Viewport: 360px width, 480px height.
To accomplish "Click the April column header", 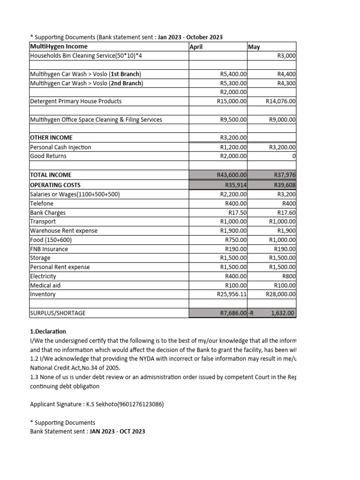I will pos(198,47).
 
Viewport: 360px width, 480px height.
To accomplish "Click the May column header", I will pos(254,47).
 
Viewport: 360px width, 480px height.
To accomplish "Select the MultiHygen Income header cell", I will pos(59,46).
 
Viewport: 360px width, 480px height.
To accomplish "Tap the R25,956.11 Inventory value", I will pos(232,294).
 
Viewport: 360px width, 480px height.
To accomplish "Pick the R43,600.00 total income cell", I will pos(232,175).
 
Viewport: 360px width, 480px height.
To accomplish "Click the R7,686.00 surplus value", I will pos(233,313).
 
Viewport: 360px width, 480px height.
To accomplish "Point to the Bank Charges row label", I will pos(48,212).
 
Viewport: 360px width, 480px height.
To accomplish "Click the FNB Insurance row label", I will pos(49,249).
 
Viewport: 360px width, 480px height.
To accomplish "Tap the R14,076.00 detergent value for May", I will pos(280,101).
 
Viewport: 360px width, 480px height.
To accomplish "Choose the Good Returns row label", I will pos(48,156).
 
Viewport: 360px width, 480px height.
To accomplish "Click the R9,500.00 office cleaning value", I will pos(233,120).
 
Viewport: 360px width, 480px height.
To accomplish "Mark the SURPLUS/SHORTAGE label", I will pos(58,313).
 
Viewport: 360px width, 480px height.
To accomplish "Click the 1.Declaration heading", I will pos(48,331).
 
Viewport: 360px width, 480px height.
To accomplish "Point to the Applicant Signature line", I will pos(97,404).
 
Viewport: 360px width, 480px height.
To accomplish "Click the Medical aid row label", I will pos(45,285).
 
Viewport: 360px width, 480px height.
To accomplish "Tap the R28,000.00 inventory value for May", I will pos(280,294).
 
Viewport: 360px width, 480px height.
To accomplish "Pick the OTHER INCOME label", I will pos(51,137).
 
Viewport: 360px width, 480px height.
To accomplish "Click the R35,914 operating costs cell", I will pos(236,184).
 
